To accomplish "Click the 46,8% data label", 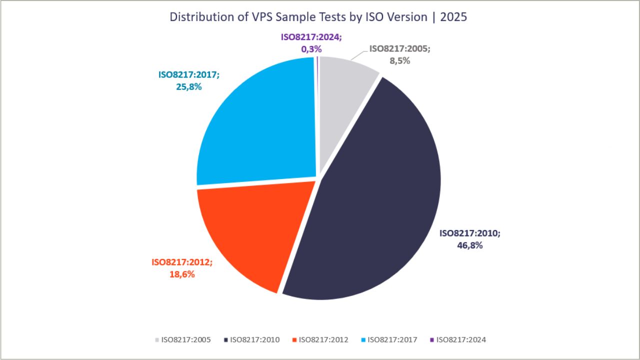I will pos(469,245).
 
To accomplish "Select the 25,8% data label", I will pos(188,86).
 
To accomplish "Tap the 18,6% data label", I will pos(181,274).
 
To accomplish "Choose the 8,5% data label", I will pos(399,60).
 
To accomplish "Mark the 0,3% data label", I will pos(311,49).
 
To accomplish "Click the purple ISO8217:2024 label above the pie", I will pos(311,36).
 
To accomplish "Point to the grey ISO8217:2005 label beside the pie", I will pos(399,48).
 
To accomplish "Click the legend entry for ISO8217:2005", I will pos(182,339).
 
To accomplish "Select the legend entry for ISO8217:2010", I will pos(251,339).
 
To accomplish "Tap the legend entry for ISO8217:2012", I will pos(320,339).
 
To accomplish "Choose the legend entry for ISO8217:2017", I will pos(388,339).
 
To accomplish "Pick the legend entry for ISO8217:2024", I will pos(457,339).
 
